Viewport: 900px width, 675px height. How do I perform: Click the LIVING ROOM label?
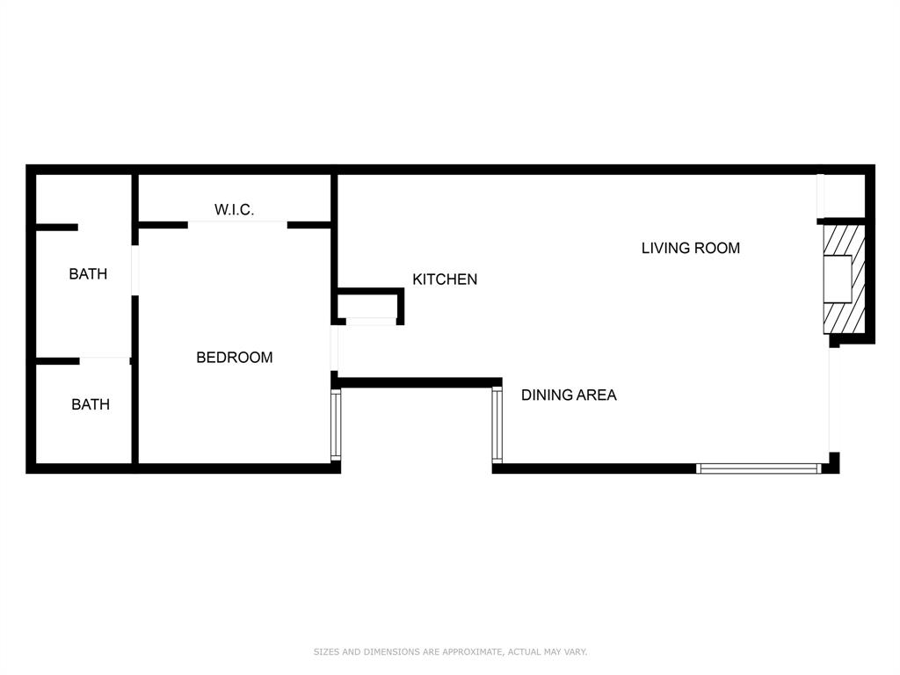[x=690, y=248]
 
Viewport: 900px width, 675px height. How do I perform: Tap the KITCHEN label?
[x=445, y=279]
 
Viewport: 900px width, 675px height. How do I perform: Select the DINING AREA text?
[x=569, y=395]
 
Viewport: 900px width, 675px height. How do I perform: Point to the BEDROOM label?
[x=234, y=357]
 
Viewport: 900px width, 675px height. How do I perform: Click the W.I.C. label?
[x=234, y=209]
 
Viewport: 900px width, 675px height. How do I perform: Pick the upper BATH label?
[x=88, y=273]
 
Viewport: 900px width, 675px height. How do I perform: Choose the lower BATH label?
[x=91, y=404]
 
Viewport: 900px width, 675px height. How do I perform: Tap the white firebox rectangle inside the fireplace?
[x=837, y=279]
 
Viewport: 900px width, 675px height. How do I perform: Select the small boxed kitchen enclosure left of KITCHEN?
[x=369, y=305]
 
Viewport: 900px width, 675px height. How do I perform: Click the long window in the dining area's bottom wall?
[x=758, y=468]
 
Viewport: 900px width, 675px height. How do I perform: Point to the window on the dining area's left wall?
[x=497, y=425]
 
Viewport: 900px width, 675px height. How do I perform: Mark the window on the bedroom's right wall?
[x=335, y=425]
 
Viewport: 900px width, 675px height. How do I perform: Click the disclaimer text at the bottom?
[x=450, y=651]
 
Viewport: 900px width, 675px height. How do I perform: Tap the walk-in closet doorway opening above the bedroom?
[x=237, y=224]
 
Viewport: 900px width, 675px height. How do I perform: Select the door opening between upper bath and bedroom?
[x=135, y=270]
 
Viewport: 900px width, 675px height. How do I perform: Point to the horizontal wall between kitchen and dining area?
[x=420, y=382]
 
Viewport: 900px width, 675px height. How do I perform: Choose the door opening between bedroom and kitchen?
[x=335, y=348]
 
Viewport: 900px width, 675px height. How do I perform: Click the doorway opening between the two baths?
[x=104, y=359]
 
